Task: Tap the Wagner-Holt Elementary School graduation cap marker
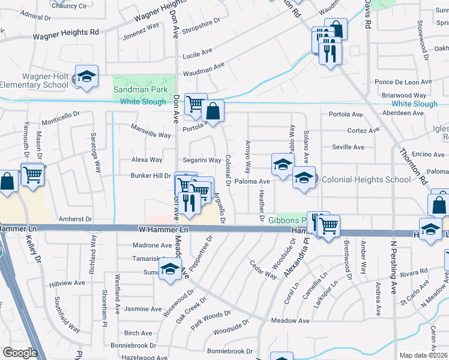(87, 77)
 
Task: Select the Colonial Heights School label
(366, 179)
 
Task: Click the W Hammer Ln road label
(164, 230)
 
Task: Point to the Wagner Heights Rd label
(65, 36)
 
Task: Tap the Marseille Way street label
(151, 135)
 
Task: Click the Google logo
(19, 353)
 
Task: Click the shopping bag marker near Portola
(212, 110)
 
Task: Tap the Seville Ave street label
(348, 147)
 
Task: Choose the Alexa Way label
(147, 160)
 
